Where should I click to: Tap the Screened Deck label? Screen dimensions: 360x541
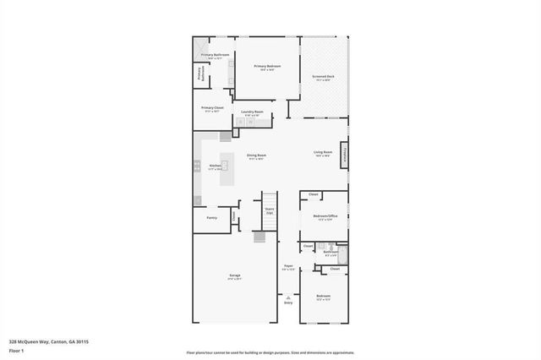pyautogui.click(x=323, y=77)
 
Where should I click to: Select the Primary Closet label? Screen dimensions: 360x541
pyautogui.click(x=212, y=108)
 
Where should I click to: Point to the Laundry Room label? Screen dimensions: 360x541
pyautogui.click(x=252, y=113)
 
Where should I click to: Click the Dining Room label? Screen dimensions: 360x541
pyautogui.click(x=257, y=155)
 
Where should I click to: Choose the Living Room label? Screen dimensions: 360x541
pyautogui.click(x=323, y=153)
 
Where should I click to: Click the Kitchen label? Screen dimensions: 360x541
pyautogui.click(x=215, y=166)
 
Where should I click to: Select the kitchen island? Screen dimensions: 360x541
pyautogui.click(x=227, y=165)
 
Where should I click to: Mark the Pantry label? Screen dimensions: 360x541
pyautogui.click(x=211, y=218)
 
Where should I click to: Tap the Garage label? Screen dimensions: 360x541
pyautogui.click(x=235, y=276)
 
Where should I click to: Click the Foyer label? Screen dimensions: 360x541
pyautogui.click(x=288, y=267)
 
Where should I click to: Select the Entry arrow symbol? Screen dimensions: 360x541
pyautogui.click(x=288, y=297)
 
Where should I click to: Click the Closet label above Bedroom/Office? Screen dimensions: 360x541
pyautogui.click(x=313, y=195)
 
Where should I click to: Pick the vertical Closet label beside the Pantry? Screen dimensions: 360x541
pyautogui.click(x=234, y=216)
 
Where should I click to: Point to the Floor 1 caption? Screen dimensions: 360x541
pyautogui.click(x=16, y=350)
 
